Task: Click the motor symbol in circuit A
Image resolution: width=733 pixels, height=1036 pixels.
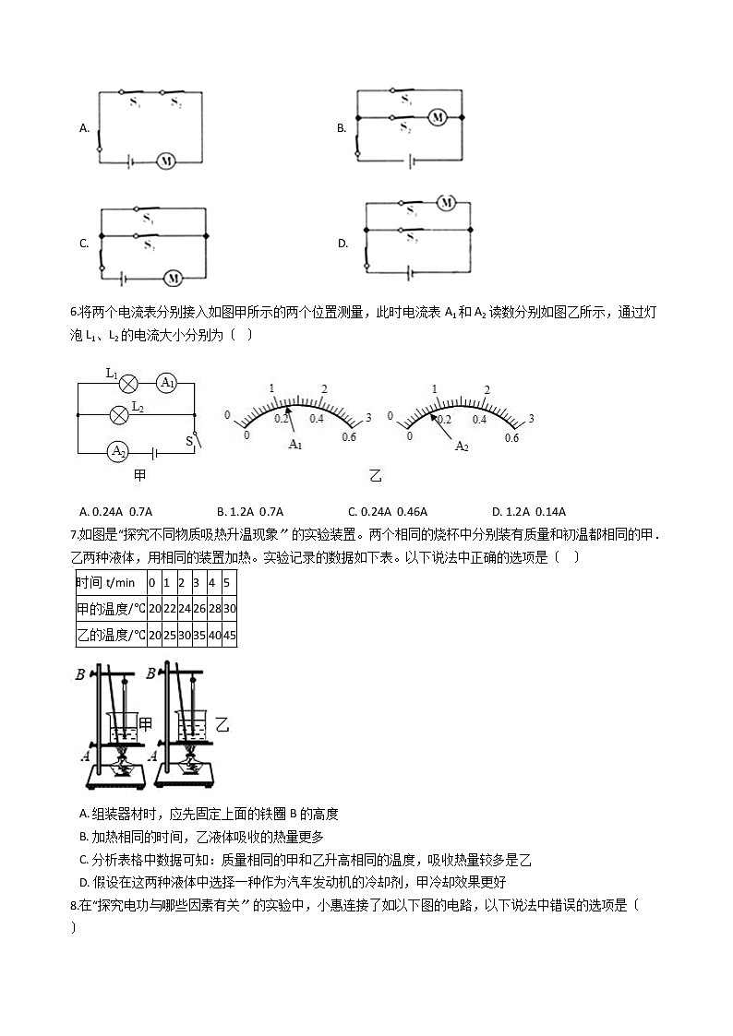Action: tap(166, 161)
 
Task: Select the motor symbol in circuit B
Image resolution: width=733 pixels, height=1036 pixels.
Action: tap(438, 117)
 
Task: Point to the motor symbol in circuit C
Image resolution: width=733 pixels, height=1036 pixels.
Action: tap(173, 276)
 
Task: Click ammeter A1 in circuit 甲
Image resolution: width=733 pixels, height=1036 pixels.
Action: tap(166, 383)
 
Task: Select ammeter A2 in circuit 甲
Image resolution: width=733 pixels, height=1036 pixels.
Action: tap(118, 451)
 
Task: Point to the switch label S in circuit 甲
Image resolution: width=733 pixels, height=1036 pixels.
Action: tap(189, 441)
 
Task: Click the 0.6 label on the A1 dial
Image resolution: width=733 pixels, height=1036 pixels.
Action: tap(349, 437)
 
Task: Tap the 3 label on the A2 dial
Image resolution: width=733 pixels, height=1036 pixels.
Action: tap(531, 419)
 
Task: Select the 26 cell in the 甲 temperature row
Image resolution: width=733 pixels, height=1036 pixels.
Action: tap(198, 609)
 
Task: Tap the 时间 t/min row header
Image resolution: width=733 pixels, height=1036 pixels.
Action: tap(106, 583)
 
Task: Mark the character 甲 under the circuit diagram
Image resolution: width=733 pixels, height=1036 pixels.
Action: tap(140, 476)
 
